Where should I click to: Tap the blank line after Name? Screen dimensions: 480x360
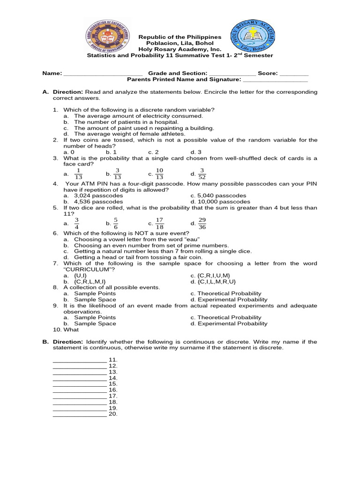click(x=103, y=74)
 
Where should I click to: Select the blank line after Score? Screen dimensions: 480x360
click(x=294, y=74)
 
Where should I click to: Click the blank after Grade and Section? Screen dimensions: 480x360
click(x=232, y=74)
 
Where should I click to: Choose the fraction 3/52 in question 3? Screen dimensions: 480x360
click(x=202, y=173)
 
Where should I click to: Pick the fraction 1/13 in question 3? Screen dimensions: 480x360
click(x=78, y=173)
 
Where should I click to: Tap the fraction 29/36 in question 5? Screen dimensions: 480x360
click(x=202, y=224)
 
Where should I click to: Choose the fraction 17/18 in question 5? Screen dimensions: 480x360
click(x=159, y=224)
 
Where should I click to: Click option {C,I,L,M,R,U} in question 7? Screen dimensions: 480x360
click(x=213, y=282)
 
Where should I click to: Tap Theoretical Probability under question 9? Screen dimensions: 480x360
click(x=229, y=317)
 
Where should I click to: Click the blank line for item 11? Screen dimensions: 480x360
click(x=80, y=360)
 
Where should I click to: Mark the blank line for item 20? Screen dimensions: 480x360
click(x=80, y=414)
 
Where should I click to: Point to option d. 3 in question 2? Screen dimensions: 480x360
click(x=195, y=152)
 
